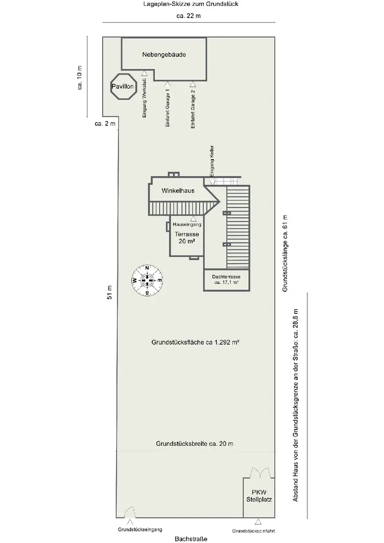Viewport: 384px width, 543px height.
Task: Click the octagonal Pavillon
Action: pos(123,86)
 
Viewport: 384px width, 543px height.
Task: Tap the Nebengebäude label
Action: pos(163,55)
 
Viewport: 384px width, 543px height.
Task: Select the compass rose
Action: pos(146,280)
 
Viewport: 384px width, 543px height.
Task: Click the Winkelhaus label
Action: pos(178,191)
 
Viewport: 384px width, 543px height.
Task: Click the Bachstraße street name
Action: pos(191,539)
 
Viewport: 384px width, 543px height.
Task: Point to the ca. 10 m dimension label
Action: pos(80,77)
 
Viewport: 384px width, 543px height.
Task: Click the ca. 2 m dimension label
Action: pos(105,124)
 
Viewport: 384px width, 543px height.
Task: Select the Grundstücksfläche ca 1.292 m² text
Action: pos(196,343)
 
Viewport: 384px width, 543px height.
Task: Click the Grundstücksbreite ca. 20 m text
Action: pos(194,444)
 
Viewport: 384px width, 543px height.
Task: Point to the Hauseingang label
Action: pos(187,224)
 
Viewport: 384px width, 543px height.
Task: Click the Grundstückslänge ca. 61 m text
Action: pos(284,254)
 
